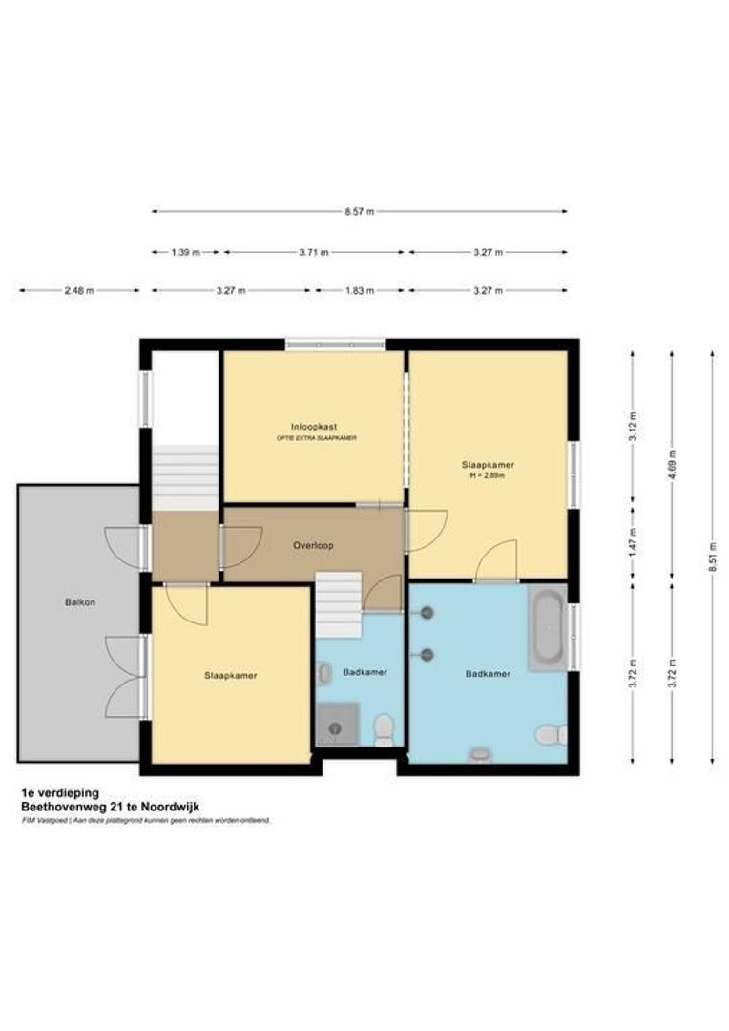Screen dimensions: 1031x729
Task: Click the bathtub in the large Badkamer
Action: click(x=548, y=628)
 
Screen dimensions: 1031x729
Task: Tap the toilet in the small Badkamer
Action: click(x=384, y=729)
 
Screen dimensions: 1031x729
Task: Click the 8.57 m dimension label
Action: click(x=360, y=211)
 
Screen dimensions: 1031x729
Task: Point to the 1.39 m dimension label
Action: click(x=185, y=252)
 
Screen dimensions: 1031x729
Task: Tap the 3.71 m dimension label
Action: click(x=313, y=252)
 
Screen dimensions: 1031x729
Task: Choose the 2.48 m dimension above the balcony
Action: click(x=79, y=291)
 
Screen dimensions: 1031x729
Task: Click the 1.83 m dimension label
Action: click(x=359, y=291)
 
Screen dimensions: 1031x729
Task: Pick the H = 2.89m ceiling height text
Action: click(x=488, y=474)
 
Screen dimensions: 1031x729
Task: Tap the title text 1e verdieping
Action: click(x=60, y=792)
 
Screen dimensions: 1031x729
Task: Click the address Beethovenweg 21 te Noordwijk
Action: click(x=110, y=806)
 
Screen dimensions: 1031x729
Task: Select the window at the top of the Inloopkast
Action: click(x=336, y=344)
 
